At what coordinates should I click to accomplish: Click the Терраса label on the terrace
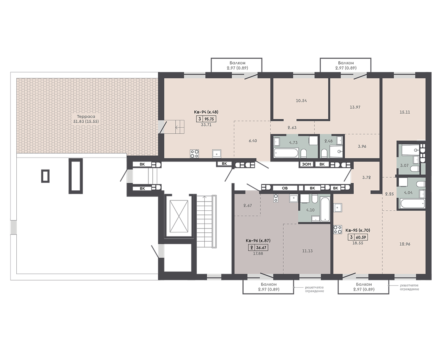(86, 116)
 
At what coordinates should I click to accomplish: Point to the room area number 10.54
(301, 101)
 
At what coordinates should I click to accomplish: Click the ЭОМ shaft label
(306, 164)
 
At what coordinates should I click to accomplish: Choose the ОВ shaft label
(284, 188)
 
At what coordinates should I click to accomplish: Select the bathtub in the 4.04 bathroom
(412, 204)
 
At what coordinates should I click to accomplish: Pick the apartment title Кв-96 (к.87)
(258, 240)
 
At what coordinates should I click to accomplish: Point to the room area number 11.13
(308, 251)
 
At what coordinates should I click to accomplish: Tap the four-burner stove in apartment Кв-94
(194, 154)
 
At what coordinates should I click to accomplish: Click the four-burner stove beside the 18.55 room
(338, 230)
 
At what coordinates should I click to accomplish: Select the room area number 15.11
(404, 112)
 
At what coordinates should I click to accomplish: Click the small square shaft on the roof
(46, 176)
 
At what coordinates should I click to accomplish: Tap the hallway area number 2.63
(292, 128)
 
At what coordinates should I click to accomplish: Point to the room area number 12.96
(405, 244)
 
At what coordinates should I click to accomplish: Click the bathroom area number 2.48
(328, 141)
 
